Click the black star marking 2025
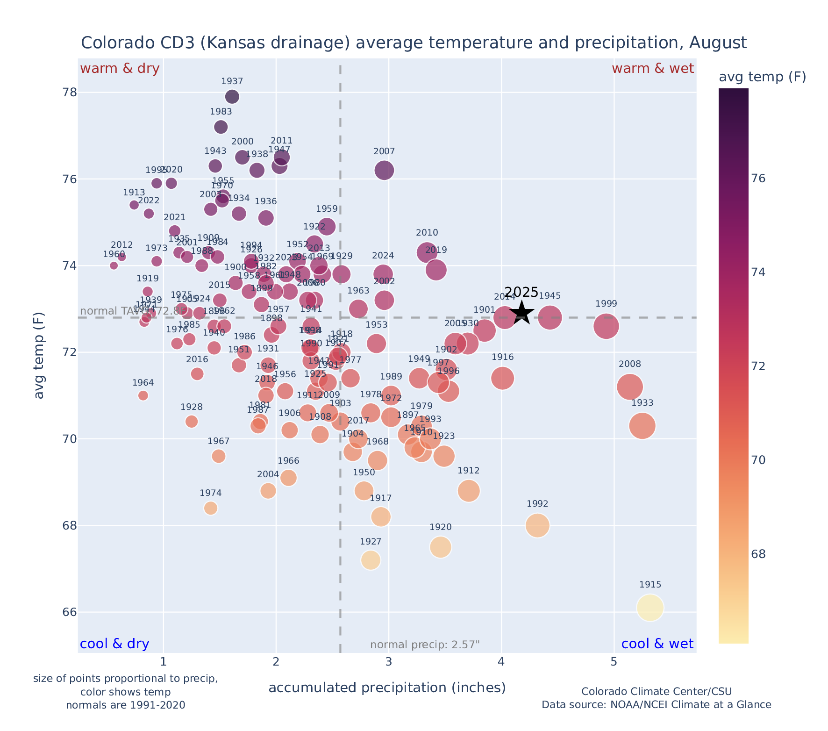click(522, 313)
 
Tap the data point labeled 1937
click(232, 97)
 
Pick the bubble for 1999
click(606, 326)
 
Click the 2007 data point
click(384, 171)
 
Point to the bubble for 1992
click(537, 525)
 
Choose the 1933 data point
click(642, 426)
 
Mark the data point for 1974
click(211, 508)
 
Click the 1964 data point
click(143, 396)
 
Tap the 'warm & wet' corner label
click(652, 69)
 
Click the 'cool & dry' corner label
click(114, 644)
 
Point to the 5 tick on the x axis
click(614, 662)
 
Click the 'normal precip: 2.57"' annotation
click(425, 645)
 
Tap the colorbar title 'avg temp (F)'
click(762, 77)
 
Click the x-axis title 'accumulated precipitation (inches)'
click(387, 688)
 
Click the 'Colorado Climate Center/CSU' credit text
click(656, 692)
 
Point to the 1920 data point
click(440, 547)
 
